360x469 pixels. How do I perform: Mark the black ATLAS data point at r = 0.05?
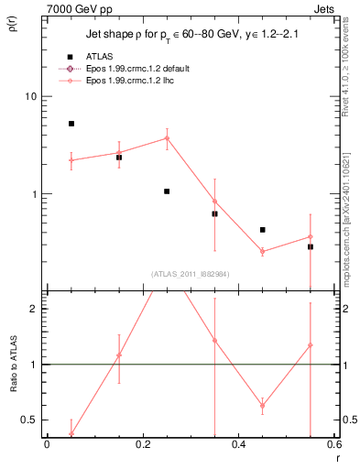pyautogui.click(x=71, y=124)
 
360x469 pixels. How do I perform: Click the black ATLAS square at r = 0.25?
pyautogui.click(x=167, y=191)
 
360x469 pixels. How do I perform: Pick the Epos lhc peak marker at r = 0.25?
pyautogui.click(x=167, y=138)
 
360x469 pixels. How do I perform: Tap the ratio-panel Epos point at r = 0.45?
pyautogui.click(x=262, y=405)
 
